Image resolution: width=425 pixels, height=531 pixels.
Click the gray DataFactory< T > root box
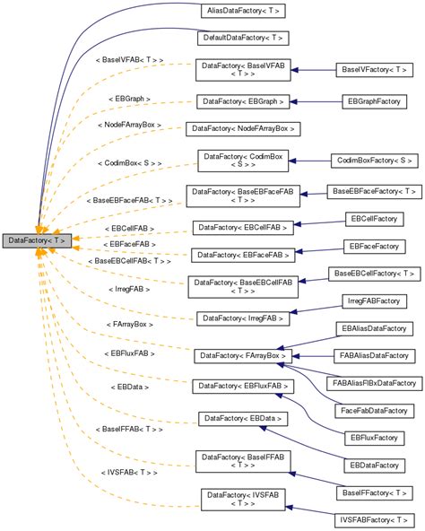[x=36, y=240]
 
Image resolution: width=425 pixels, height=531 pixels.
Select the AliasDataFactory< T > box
[x=242, y=12]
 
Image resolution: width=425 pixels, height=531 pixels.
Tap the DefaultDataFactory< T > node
[x=242, y=39]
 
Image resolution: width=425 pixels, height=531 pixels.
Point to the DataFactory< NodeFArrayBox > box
[x=240, y=129]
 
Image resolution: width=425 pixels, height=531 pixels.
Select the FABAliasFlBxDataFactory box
[x=376, y=383]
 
